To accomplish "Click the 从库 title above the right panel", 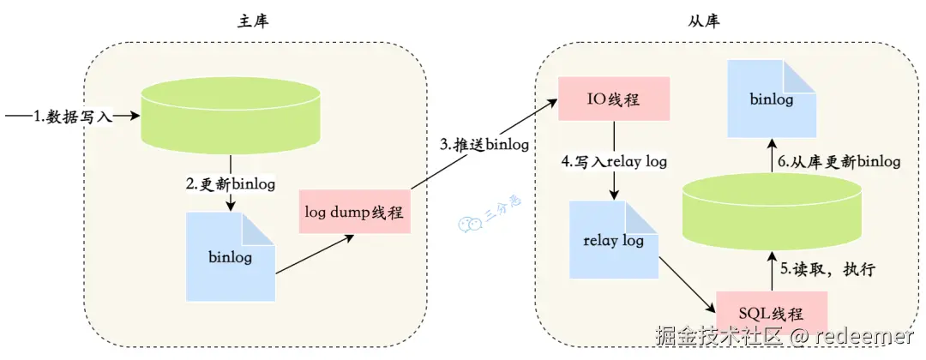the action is point(704,21).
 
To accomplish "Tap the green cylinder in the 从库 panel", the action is point(772,210).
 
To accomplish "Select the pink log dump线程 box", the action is point(354,211).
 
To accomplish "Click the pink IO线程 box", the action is point(615,99).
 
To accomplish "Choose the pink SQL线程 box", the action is point(772,312).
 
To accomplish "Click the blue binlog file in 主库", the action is point(231,257).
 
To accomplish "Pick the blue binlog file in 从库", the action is point(772,98).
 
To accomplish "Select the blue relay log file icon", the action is point(614,240).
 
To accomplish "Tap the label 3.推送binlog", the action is point(484,145).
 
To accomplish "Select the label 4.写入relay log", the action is point(614,161).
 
